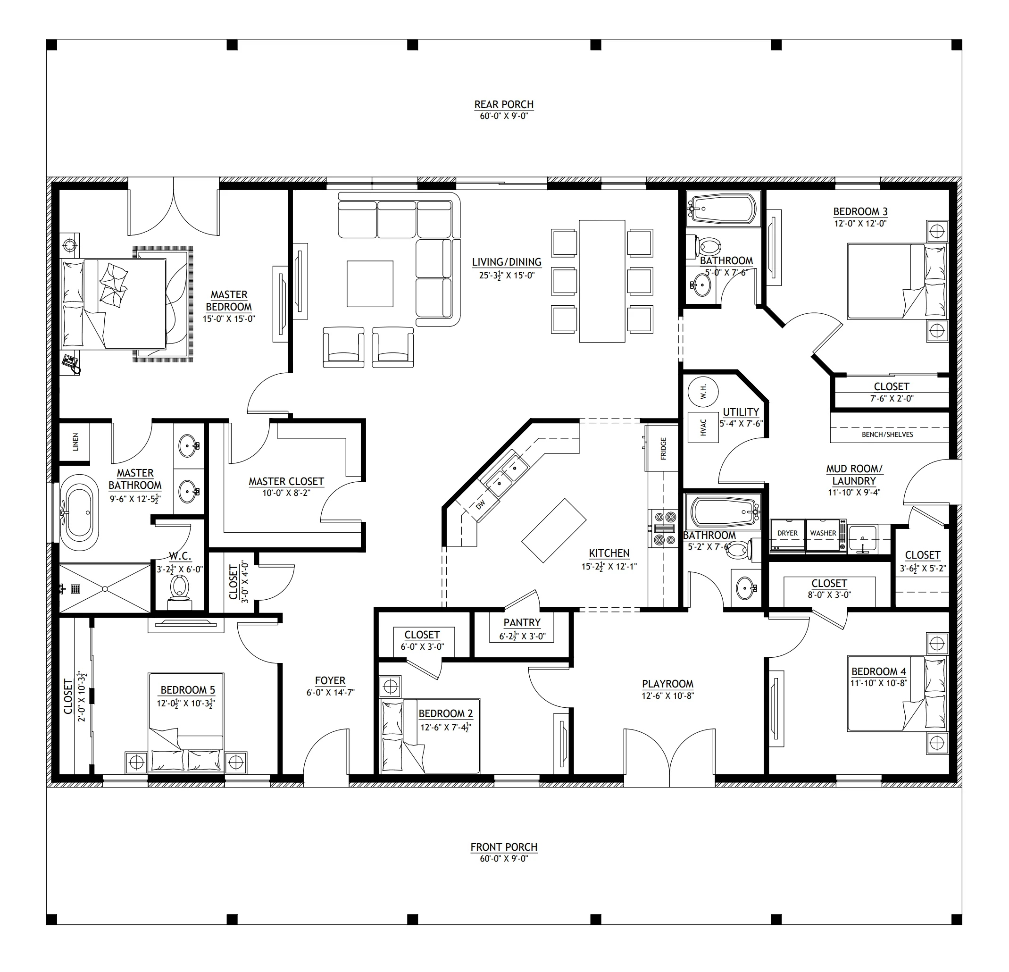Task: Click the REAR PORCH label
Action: click(x=503, y=104)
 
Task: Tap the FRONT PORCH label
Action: click(x=503, y=847)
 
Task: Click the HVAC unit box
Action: click(x=703, y=427)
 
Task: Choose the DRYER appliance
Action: click(x=787, y=536)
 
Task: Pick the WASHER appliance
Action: click(x=823, y=536)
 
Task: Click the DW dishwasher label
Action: click(x=480, y=504)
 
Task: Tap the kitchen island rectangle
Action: click(x=554, y=530)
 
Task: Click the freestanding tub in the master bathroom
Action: click(x=79, y=513)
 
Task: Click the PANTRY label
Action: click(x=522, y=622)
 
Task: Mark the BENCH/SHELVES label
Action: click(x=887, y=435)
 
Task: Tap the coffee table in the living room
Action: click(x=370, y=284)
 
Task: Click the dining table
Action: click(x=602, y=281)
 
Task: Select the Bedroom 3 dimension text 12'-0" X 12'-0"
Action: click(x=860, y=224)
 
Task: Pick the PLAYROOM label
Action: click(x=667, y=684)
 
